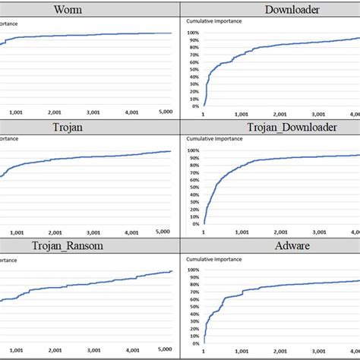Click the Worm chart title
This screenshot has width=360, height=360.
[x=90, y=9]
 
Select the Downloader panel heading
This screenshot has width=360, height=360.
[x=270, y=9]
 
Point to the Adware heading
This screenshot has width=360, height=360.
[x=270, y=246]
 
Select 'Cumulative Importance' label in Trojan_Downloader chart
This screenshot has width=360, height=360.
[x=213, y=140]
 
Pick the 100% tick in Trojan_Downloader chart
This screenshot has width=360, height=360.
[x=191, y=150]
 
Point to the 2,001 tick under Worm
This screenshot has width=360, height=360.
[x=53, y=112]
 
